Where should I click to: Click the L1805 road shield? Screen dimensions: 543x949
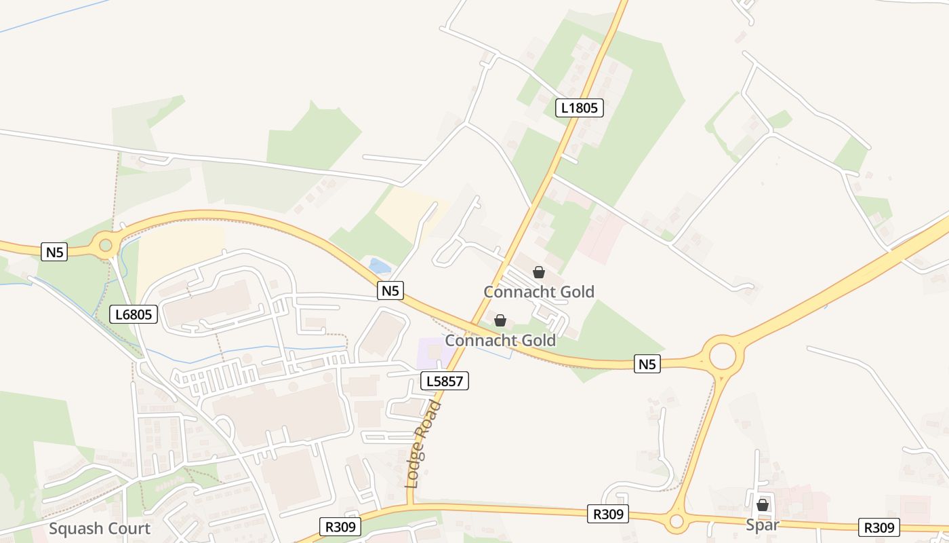tap(580, 107)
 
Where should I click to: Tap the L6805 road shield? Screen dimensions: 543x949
tap(134, 314)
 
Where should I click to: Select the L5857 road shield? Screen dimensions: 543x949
tap(445, 381)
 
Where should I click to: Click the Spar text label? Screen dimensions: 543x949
tap(763, 525)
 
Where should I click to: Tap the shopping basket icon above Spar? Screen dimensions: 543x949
tap(763, 505)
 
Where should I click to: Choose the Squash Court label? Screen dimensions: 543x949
tap(100, 529)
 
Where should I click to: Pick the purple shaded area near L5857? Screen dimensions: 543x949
tap(435, 352)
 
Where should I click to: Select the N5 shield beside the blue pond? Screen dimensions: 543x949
tap(390, 291)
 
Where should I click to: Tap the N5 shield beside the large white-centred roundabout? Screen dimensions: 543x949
tap(647, 364)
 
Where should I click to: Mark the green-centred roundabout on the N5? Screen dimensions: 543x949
tap(105, 244)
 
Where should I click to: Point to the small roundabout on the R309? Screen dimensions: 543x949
tap(676, 521)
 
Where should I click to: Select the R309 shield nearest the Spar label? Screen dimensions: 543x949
tap(880, 527)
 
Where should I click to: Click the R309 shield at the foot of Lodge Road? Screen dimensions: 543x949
tap(340, 527)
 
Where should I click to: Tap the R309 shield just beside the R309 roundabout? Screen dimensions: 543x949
tap(608, 514)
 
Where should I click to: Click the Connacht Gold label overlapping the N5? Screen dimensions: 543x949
tap(500, 340)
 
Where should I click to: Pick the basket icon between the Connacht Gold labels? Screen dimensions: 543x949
tap(500, 320)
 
